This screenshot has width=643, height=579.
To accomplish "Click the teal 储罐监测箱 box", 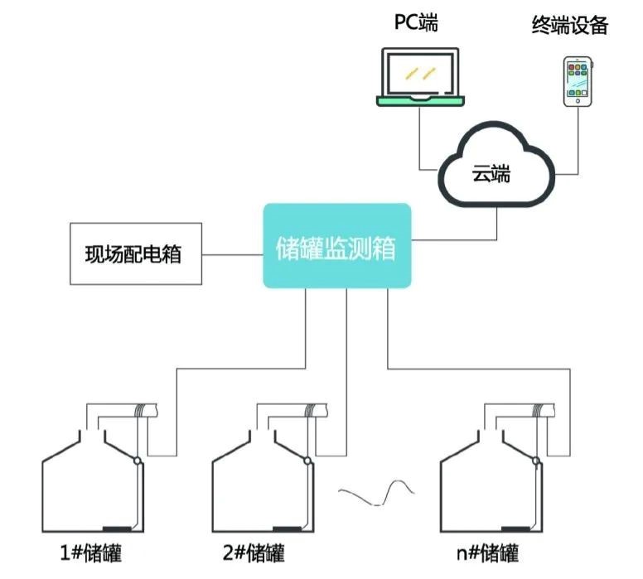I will (336, 246).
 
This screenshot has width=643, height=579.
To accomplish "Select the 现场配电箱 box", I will (133, 253).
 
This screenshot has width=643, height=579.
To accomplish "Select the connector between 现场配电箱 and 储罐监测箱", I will (233, 253).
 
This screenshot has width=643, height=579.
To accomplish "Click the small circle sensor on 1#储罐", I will (138, 461).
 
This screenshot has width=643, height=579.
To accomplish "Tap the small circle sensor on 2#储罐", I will (307, 461).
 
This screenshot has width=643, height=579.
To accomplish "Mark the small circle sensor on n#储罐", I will (536, 461).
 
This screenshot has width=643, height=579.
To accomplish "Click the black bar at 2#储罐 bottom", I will (288, 528).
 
